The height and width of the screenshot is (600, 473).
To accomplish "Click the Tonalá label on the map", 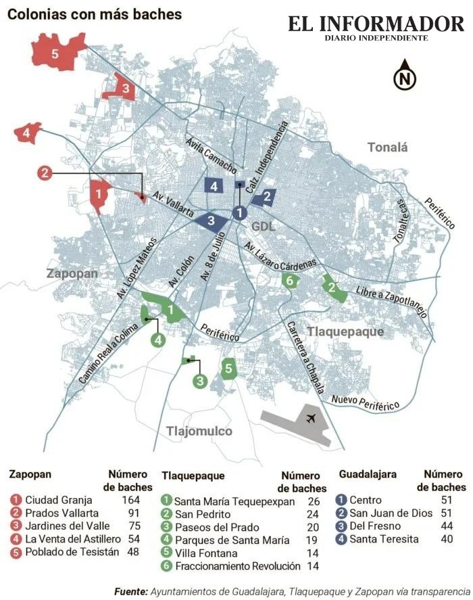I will pos(388,147).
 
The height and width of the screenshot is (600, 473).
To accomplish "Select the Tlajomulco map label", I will pos(199,431).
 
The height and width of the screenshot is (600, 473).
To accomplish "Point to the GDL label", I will pos(263,226).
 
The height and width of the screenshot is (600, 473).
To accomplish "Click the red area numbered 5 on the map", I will pos(55,53).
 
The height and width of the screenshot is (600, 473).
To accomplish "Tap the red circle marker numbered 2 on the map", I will pos(45,173).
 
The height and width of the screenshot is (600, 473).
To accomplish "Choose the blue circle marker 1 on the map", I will pos(239,212).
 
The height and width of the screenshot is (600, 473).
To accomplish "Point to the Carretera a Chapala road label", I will pos(303,354).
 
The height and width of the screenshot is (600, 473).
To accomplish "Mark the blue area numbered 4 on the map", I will pos(214,186).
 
